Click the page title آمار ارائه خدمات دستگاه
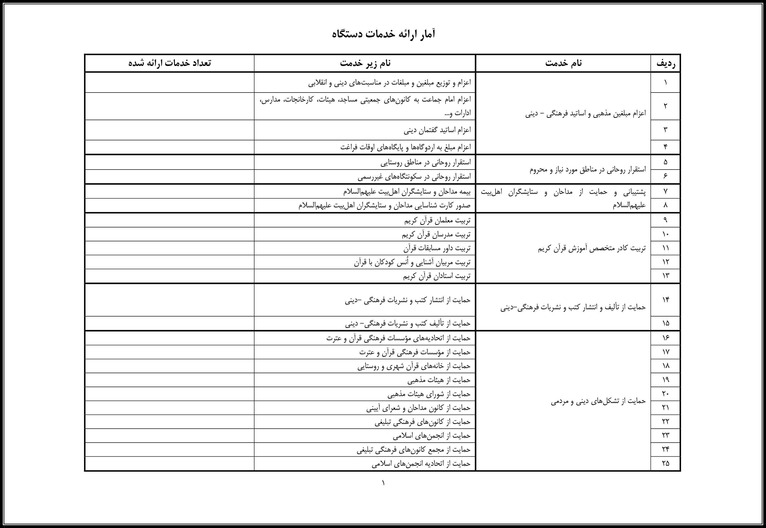point(383,34)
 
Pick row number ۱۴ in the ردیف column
point(665,300)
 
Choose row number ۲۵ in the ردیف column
point(665,464)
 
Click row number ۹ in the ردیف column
point(665,220)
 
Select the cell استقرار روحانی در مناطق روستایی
point(426,162)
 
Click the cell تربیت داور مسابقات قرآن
point(437,248)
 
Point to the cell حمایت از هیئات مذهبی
point(439,380)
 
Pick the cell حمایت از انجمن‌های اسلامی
point(432,436)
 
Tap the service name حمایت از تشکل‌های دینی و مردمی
point(598,401)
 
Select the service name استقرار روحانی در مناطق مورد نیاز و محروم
point(588,169)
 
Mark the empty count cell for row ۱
point(169,82)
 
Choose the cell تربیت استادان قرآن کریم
point(436,276)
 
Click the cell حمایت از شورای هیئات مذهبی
point(429,394)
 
